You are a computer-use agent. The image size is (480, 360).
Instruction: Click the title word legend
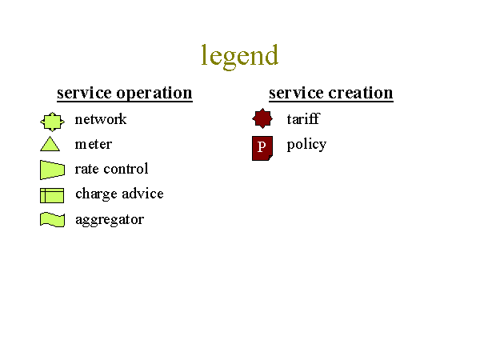[x=240, y=56]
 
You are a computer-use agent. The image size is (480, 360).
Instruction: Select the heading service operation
[x=125, y=93]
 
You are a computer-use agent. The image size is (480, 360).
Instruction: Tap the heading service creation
[x=331, y=93]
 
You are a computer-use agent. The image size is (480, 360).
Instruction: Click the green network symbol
[x=52, y=122]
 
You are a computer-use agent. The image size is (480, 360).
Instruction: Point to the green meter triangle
[x=50, y=146]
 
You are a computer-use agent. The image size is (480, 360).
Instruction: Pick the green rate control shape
[x=52, y=170]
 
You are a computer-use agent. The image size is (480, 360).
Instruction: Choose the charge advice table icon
[x=52, y=195]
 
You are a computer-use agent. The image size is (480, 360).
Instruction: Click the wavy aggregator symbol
[x=52, y=220]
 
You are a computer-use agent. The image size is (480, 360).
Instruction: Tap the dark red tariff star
[x=262, y=118]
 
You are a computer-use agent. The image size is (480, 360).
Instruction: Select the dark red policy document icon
[x=262, y=149]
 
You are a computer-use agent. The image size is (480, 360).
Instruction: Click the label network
[x=101, y=119]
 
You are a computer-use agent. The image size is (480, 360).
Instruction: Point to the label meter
[x=94, y=144]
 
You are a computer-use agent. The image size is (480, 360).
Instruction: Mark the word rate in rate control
[x=86, y=169]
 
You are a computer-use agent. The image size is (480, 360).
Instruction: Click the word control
[x=126, y=169]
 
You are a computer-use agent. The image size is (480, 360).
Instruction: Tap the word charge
[x=97, y=194]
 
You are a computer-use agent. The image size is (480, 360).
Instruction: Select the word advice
[x=143, y=194]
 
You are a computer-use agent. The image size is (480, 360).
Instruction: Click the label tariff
[x=303, y=118]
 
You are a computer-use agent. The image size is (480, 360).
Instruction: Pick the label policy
[x=306, y=145]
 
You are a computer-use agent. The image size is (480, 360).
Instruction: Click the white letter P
[x=262, y=147]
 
